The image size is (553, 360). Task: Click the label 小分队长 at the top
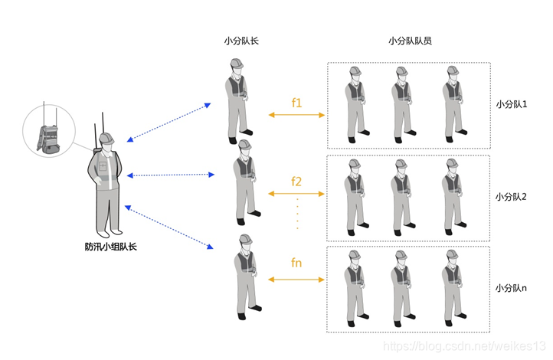[241, 41]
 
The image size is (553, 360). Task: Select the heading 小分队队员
[409, 41]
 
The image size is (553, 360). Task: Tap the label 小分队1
[512, 103]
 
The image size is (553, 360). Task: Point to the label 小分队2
[512, 197]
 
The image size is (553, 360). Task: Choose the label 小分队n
[512, 288]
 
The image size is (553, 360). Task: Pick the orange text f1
[296, 102]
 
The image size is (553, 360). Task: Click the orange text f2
[296, 182]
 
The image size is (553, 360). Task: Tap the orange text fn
[296, 263]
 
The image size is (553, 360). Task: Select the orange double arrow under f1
[296, 116]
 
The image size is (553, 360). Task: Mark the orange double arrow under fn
[296, 280]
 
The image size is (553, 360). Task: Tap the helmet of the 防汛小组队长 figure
[106, 139]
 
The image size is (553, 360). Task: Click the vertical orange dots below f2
[296, 214]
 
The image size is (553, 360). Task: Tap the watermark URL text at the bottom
[463, 348]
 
